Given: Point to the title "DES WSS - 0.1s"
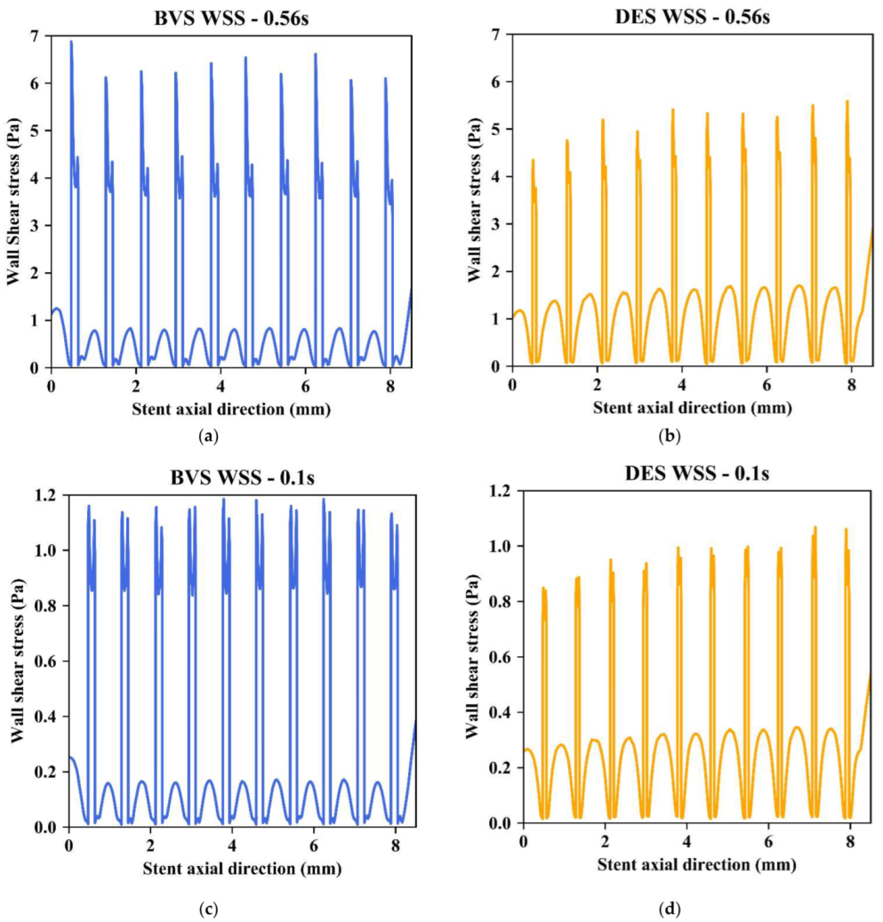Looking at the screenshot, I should [696, 472].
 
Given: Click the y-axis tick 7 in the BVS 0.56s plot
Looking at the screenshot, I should [36, 36].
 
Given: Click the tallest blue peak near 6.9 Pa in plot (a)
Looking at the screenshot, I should [71, 43].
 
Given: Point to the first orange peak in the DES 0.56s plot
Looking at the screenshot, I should [533, 161].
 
